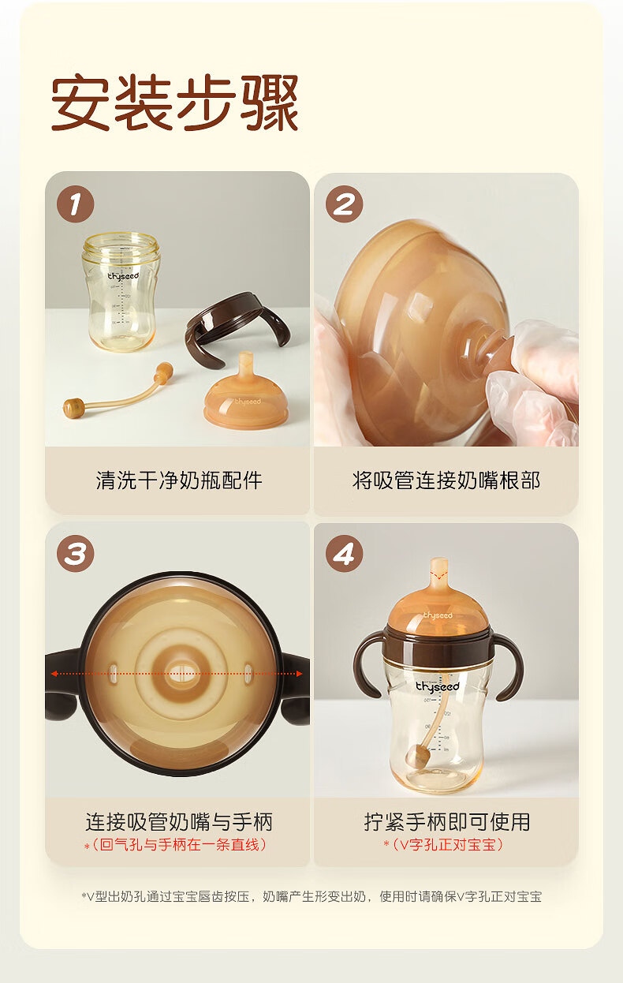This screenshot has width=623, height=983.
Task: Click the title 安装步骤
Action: (175, 103)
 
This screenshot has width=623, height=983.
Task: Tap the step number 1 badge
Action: (76, 204)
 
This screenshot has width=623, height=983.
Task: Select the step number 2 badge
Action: (344, 204)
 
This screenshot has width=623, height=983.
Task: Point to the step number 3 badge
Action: (76, 553)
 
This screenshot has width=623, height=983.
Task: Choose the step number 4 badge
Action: (344, 553)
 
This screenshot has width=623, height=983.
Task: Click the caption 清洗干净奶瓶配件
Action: (179, 480)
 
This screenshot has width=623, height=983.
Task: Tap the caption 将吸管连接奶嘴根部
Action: (446, 480)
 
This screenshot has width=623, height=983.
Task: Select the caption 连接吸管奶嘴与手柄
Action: (179, 822)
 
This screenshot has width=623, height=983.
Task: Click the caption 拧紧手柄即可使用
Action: (447, 822)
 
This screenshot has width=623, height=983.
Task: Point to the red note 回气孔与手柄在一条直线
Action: (180, 844)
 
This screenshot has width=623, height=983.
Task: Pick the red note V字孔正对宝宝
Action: (447, 844)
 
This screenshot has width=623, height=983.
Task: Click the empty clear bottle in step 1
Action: (121, 292)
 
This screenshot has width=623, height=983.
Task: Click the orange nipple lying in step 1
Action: (246, 393)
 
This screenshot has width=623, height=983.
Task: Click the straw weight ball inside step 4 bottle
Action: (418, 756)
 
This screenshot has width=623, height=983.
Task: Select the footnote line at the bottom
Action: (311, 896)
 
